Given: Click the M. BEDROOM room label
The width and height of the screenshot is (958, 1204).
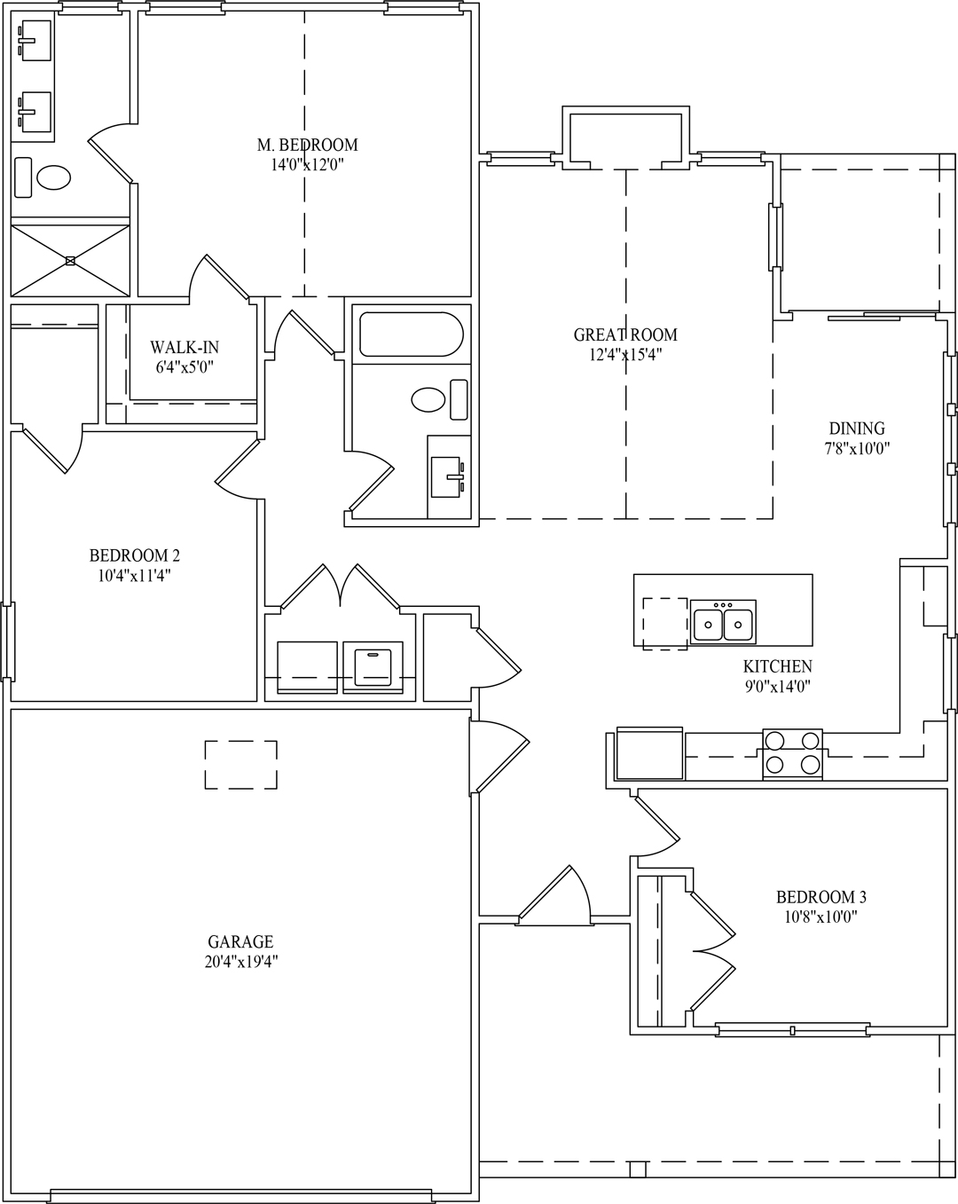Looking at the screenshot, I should click(307, 145).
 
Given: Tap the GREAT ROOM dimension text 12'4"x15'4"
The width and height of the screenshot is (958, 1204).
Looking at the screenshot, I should click(625, 354).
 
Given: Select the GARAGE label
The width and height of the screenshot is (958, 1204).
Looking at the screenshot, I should click(240, 941).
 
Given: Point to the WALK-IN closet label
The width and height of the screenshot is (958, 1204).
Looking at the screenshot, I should click(184, 347).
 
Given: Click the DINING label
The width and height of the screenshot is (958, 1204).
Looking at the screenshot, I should click(856, 429).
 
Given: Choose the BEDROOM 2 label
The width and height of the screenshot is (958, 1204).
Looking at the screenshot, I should click(134, 555).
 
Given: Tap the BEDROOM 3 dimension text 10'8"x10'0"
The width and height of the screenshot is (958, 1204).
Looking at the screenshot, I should click(821, 917).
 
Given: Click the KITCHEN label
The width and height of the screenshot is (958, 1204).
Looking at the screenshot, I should click(777, 666).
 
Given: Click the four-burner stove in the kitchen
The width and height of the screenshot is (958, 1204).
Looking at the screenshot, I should click(792, 753).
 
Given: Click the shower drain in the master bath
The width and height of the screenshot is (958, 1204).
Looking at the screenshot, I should click(70, 260).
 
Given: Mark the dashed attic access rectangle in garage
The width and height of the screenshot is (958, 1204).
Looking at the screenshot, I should click(241, 764).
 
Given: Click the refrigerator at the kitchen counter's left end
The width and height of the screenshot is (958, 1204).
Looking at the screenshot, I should click(648, 753).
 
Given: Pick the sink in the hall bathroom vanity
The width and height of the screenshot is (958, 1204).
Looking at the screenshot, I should click(449, 476).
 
